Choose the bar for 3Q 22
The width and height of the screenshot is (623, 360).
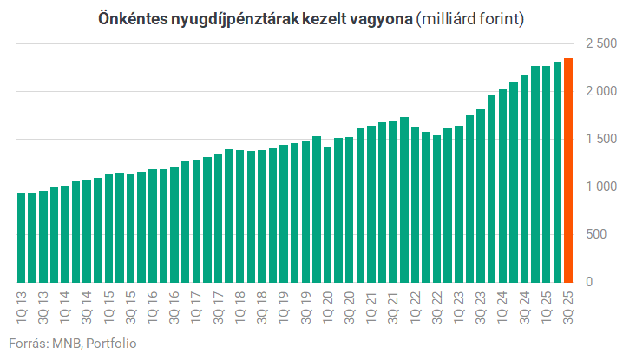(436, 208)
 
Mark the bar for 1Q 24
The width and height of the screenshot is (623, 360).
(502, 186)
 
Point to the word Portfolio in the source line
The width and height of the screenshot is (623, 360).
(111, 343)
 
